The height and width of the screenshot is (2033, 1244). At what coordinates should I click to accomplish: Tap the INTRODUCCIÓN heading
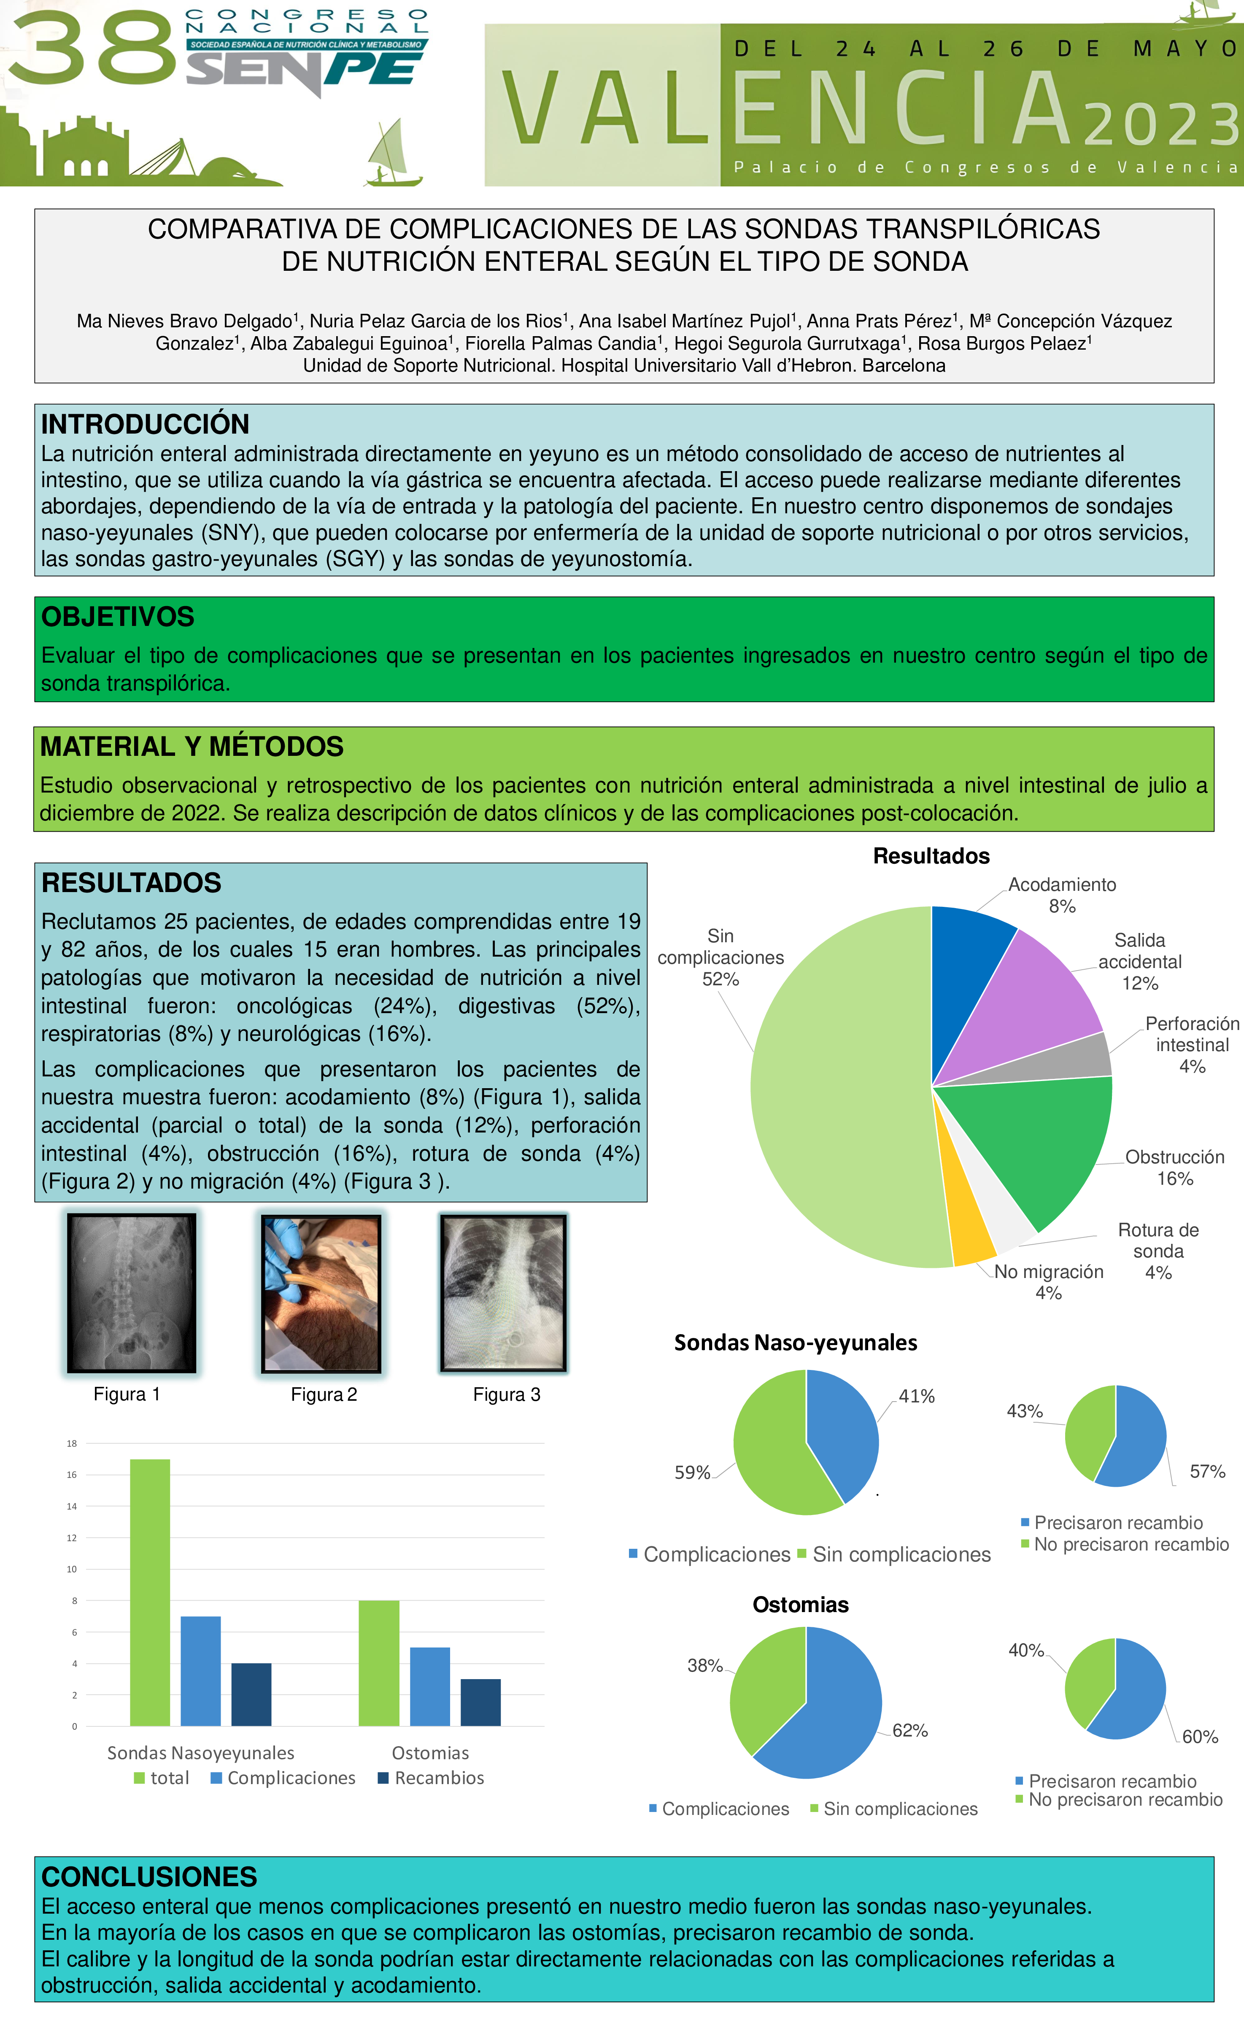(145, 424)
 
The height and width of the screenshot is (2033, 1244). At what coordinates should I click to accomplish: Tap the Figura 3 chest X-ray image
(504, 1293)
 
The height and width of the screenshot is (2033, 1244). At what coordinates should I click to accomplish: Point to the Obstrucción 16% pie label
(1175, 1167)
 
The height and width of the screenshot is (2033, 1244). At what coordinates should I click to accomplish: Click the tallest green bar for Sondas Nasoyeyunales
(150, 1592)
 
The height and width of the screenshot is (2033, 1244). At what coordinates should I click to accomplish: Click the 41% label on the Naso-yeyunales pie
(917, 1396)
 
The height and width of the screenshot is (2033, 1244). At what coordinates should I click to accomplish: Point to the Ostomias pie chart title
(800, 1605)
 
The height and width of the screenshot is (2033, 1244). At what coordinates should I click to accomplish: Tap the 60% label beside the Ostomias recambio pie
(1199, 1737)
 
